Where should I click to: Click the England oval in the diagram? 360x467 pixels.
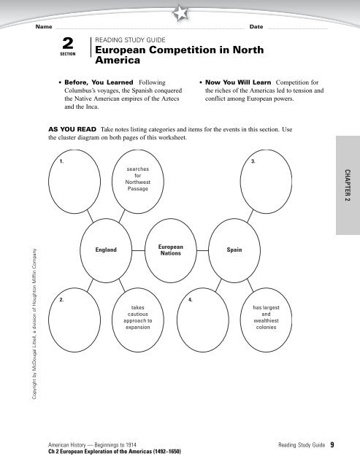pos(106,250)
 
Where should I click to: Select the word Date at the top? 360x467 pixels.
pos(256,26)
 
